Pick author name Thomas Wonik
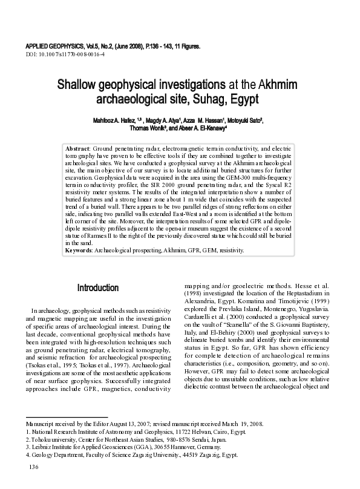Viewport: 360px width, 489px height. tap(150, 128)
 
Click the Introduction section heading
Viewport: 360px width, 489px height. tap(98, 287)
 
